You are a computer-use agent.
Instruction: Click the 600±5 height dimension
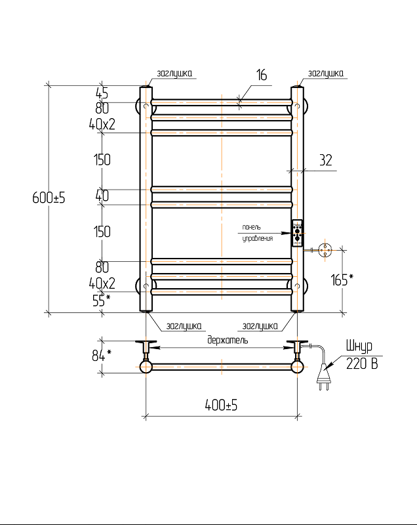pos(49,197)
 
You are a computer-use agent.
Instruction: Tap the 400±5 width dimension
pos(221,406)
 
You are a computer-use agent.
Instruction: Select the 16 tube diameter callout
pos(261,75)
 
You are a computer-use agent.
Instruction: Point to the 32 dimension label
pos(326,159)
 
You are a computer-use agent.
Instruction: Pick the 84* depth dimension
pos(101,356)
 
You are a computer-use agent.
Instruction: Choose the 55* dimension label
pos(100,300)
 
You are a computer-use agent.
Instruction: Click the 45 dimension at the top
pos(102,93)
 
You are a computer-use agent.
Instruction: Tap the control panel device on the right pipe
pos(297,232)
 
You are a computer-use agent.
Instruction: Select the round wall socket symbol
pos(326,249)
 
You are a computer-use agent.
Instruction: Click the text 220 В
pos(361,365)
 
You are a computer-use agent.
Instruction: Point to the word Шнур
pos(358,346)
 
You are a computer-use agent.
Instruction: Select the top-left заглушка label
pos(174,73)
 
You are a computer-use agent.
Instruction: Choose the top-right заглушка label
pos(325,73)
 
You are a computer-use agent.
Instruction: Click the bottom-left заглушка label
pos(184,325)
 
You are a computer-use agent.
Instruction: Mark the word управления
pos(257,238)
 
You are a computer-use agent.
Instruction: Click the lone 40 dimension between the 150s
pos(102,195)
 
